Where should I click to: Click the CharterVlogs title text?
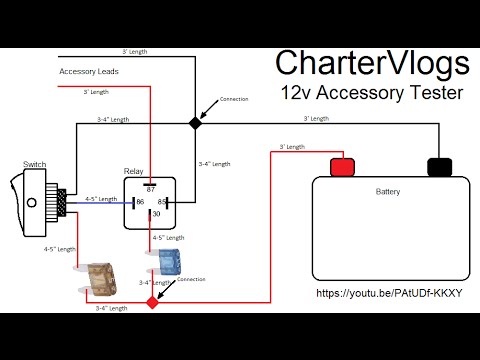(x=372, y=65)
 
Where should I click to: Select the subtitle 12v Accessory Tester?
(x=372, y=95)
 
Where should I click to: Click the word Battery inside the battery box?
(x=388, y=190)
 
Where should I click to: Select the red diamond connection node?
(x=152, y=300)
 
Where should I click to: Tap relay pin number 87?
(x=152, y=188)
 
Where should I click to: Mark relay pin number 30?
(x=155, y=213)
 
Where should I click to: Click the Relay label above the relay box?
(x=134, y=171)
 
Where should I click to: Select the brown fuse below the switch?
(x=97, y=275)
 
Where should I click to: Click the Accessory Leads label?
(x=86, y=72)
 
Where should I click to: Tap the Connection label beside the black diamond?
(x=233, y=100)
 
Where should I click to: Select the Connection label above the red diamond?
(x=191, y=279)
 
